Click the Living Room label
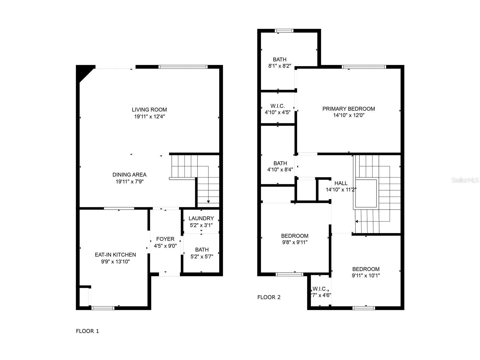pyautogui.click(x=149, y=110)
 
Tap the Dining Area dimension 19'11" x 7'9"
pyautogui.click(x=130, y=181)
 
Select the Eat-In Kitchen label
pyautogui.click(x=115, y=255)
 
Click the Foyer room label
pyautogui.click(x=165, y=239)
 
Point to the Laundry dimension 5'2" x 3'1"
pyautogui.click(x=201, y=225)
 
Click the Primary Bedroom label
pyautogui.click(x=349, y=109)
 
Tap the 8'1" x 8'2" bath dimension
pyautogui.click(x=280, y=66)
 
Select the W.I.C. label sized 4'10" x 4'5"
pyautogui.click(x=277, y=106)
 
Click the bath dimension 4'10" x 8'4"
pyautogui.click(x=280, y=170)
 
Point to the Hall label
pyautogui.click(x=341, y=183)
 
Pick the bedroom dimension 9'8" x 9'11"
pyautogui.click(x=295, y=242)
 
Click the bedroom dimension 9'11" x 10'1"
pyautogui.click(x=366, y=276)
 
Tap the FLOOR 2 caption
pyautogui.click(x=269, y=297)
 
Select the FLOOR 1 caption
pyautogui.click(x=87, y=331)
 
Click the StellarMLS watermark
pyautogui.click(x=465, y=180)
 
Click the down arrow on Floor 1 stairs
pyautogui.click(x=208, y=202)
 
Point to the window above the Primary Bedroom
pyautogui.click(x=364, y=67)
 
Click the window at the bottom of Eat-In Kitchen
pyautogui.click(x=103, y=308)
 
